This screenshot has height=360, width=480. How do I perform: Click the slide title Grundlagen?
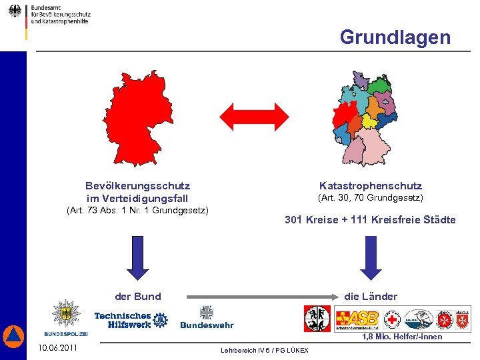395,37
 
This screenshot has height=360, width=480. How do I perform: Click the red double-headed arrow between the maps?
254,117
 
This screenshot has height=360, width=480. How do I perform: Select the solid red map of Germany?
134,119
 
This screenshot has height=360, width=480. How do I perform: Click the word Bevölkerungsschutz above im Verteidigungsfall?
137,186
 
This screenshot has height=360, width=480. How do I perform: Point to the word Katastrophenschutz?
371,186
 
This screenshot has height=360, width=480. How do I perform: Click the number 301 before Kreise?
293,220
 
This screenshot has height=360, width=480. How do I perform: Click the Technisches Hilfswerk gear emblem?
160,320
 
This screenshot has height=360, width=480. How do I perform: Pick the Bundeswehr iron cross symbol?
207,312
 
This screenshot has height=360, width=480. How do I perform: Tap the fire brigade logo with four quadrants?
317,319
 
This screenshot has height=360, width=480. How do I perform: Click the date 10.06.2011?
57,348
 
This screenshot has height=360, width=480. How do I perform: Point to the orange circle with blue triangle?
13,337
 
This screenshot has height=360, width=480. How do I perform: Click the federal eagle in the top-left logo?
15,11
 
